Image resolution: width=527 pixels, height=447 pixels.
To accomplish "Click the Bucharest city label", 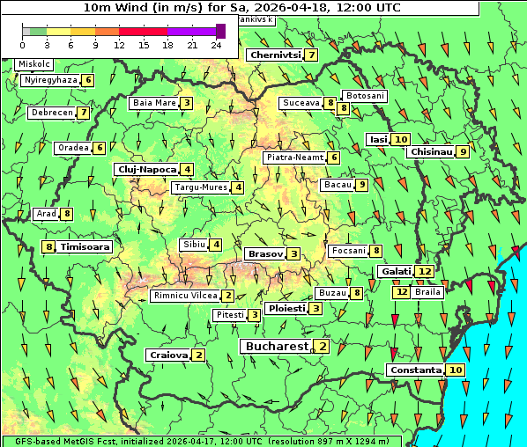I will click(277, 347).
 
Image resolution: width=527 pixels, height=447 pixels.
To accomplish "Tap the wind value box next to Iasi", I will click(401, 139).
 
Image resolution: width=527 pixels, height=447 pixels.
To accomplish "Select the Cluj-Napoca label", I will click(146, 169).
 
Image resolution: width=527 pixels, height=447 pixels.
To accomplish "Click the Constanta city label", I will click(416, 370).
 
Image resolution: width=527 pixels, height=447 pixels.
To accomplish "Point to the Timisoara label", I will click(85, 247).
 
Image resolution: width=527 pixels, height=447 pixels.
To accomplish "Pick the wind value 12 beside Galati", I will click(425, 271).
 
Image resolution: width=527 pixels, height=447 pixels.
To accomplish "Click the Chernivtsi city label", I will click(276, 55).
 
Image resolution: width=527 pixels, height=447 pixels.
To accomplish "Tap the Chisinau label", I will click(431, 151).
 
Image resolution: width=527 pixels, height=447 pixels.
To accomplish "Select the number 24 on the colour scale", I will click(216, 44).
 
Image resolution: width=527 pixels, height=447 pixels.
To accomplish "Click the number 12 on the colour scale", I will click(118, 44).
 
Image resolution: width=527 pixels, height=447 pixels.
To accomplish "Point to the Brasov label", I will click(265, 253).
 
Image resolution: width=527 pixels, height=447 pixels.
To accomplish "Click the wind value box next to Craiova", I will click(199, 355).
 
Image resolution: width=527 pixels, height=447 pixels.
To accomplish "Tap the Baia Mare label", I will click(153, 103).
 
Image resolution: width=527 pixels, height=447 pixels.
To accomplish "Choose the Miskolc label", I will click(34, 64).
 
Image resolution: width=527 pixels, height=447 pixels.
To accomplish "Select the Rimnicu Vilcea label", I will click(185, 296).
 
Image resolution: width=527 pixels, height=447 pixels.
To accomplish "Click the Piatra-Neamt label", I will click(295, 158).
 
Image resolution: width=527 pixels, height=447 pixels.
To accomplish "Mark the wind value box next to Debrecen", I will click(83, 113).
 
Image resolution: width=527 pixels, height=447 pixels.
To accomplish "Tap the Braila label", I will click(427, 291).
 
